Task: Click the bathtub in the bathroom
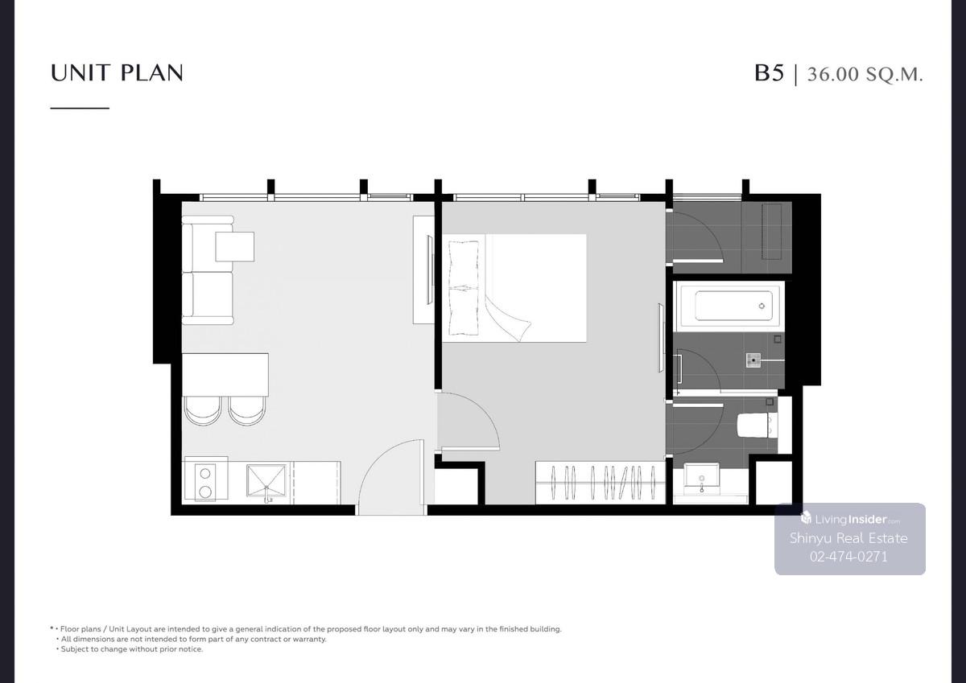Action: pos(729,306)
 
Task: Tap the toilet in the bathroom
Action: pos(757,425)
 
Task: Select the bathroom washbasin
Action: pos(701,476)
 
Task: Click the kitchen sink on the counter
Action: pos(266,480)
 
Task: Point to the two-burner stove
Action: pos(205,482)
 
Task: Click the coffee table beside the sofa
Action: pos(234,246)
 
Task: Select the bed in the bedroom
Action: pos(514,288)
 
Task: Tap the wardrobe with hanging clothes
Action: pos(600,483)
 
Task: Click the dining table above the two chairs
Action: pos(225,375)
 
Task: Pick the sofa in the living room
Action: pos(208,270)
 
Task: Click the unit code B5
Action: pos(769,73)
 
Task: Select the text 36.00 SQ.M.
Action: pos(865,74)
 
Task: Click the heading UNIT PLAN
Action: pos(117,72)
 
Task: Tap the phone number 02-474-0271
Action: pos(848,557)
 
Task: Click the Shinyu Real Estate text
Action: pos(848,538)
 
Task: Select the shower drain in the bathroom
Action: pos(753,360)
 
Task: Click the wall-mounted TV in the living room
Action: pos(430,269)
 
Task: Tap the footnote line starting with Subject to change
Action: pos(130,649)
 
